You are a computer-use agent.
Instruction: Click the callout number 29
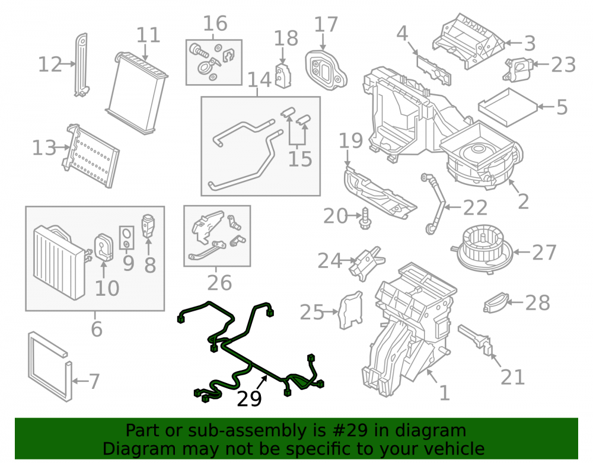pos(249,398)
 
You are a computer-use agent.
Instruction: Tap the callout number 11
pos(148,35)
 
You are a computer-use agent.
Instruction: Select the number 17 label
pos(326,24)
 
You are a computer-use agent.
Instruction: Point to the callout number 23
pos(563,65)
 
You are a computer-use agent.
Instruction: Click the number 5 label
pos(562,107)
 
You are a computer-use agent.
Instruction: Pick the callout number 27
pos(544,252)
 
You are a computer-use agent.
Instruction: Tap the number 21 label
pos(512,377)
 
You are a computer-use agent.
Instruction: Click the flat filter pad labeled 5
pos(508,107)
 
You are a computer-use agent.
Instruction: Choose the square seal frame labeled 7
pos(50,366)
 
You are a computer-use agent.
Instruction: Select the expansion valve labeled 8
pos(148,226)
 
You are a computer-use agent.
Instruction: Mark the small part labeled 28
pos(495,303)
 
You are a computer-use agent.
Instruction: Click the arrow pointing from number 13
pos(62,148)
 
